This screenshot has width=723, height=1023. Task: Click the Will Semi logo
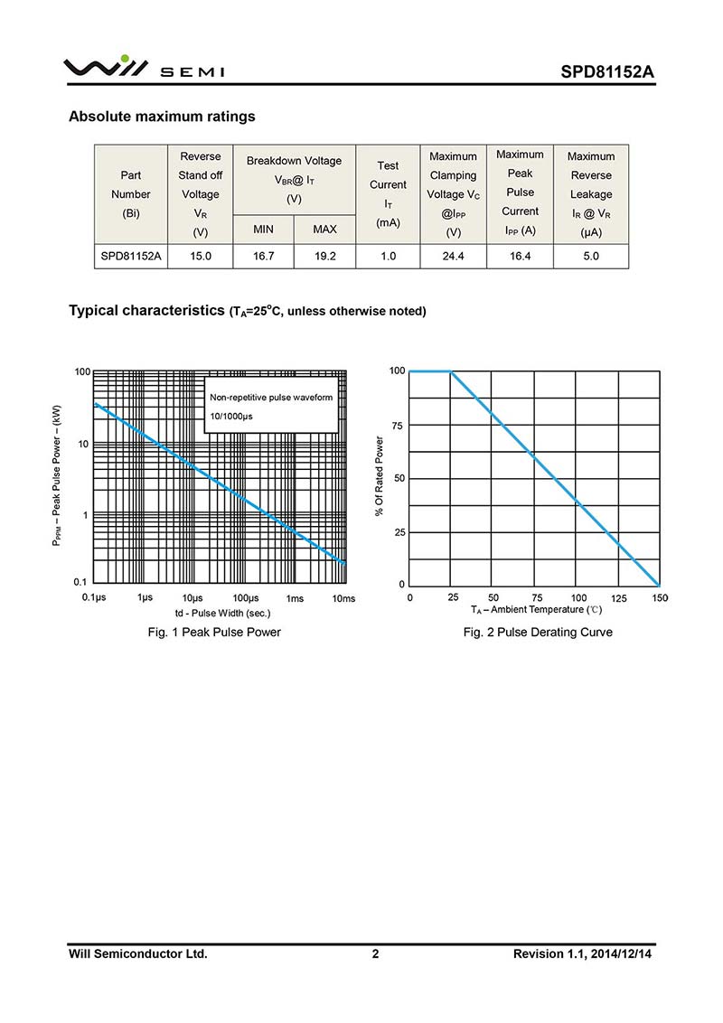144,68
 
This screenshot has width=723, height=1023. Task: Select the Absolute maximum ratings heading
162,117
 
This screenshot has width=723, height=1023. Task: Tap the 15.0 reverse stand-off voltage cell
200,257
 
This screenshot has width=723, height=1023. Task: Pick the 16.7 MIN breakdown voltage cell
263,257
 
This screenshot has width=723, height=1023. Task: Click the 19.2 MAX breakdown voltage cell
324,257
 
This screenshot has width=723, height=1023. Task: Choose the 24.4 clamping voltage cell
453,257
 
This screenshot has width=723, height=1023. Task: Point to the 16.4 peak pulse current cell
520,257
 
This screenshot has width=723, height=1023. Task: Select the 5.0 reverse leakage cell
590,257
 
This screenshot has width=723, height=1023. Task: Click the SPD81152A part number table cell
130,257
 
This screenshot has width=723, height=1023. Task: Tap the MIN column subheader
263,230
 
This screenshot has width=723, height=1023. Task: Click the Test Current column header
388,194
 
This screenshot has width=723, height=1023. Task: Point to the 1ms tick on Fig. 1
295,598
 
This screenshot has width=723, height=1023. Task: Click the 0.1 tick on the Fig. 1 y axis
80,582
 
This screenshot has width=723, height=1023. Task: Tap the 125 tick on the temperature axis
619,598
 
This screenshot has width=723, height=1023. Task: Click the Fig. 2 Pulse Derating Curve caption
538,633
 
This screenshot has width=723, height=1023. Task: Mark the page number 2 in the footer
375,953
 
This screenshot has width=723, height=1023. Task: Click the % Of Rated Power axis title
380,477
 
